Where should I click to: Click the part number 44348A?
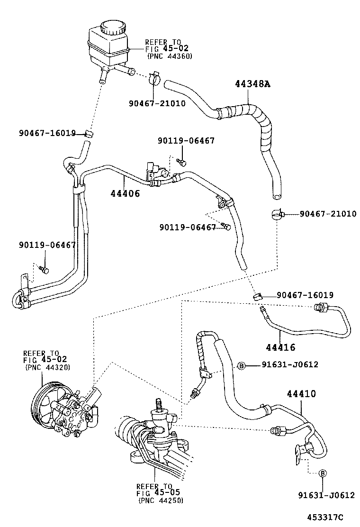click(x=252, y=84)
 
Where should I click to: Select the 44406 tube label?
click(x=125, y=193)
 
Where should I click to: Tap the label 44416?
click(x=280, y=347)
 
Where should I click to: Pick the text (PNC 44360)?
click(x=169, y=56)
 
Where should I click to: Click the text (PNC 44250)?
click(x=161, y=500)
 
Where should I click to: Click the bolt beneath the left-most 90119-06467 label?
click(x=45, y=270)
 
